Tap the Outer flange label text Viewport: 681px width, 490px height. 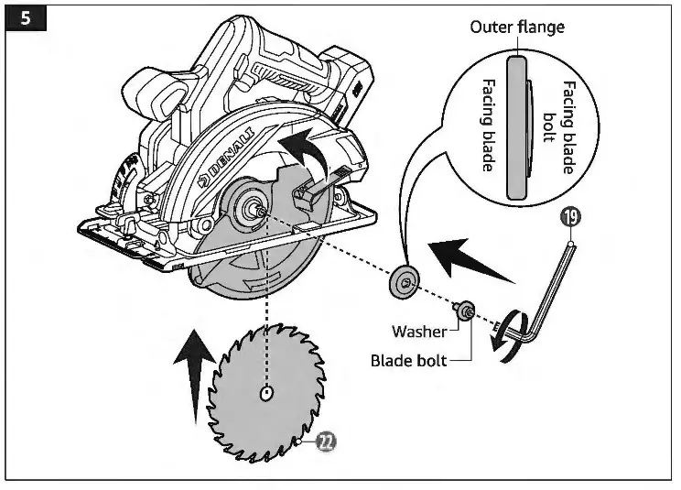tap(517, 27)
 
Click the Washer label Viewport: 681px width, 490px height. tap(418, 331)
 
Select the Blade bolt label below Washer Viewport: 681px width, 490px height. tap(408, 360)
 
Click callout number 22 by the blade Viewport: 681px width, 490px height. tap(325, 442)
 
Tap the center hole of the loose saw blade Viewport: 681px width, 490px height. tap(265, 394)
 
